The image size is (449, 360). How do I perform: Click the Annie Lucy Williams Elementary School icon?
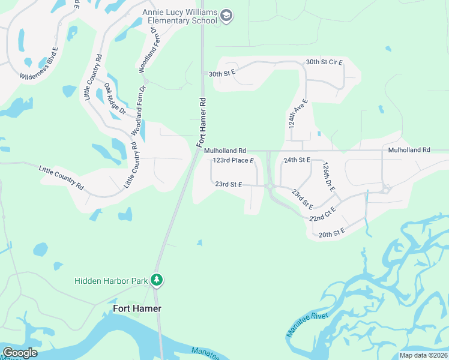pyautogui.click(x=226, y=15)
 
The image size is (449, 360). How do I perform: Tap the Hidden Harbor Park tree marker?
pyautogui.click(x=157, y=280)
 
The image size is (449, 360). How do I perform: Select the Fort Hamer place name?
pyautogui.click(x=137, y=308)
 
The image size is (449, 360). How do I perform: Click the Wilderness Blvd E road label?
pyautogui.click(x=39, y=64)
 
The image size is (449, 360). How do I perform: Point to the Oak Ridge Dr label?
pyautogui.click(x=115, y=99)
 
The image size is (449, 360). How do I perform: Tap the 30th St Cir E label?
pyautogui.click(x=324, y=62)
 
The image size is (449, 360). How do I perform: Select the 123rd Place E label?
pyautogui.click(x=234, y=161)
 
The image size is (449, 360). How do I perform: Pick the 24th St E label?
pyautogui.click(x=297, y=160)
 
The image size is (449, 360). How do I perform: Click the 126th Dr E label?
pyautogui.click(x=328, y=176)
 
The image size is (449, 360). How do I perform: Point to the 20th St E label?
pyautogui.click(x=331, y=233)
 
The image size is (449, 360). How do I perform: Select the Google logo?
pyautogui.click(x=20, y=353)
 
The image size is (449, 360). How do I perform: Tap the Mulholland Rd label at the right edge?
pyautogui.click(x=409, y=149)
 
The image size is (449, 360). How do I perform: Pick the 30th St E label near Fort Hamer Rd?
pyautogui.click(x=221, y=73)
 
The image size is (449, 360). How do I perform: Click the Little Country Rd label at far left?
pyautogui.click(x=61, y=178)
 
